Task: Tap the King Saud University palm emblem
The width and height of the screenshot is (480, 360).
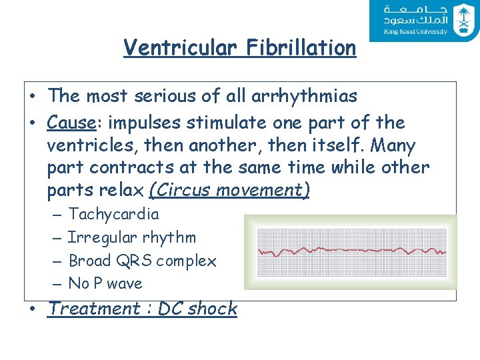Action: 463,20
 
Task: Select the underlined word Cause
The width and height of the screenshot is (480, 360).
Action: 70,123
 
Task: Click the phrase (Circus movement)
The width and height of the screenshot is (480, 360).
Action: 229,190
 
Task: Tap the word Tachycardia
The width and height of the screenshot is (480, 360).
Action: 114,214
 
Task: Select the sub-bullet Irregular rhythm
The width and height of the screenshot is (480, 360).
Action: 132,237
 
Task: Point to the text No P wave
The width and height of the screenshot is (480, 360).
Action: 105,283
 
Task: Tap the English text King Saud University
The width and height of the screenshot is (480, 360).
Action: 415,31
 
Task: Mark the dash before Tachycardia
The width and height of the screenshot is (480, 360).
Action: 55,215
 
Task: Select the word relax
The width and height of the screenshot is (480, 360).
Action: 120,190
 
